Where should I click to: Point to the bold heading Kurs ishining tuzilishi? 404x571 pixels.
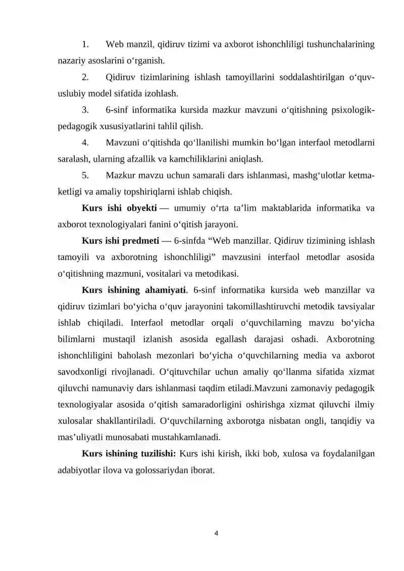(128, 454)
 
